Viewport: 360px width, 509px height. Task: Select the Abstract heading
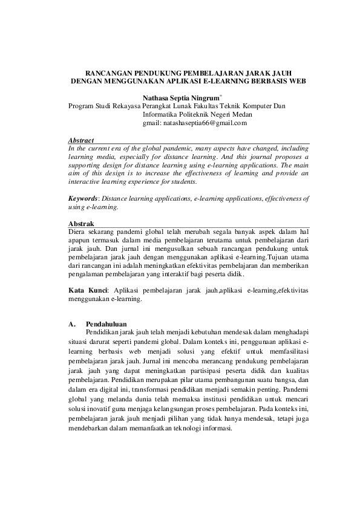coord(81,140)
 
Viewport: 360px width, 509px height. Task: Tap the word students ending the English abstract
coord(183,181)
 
